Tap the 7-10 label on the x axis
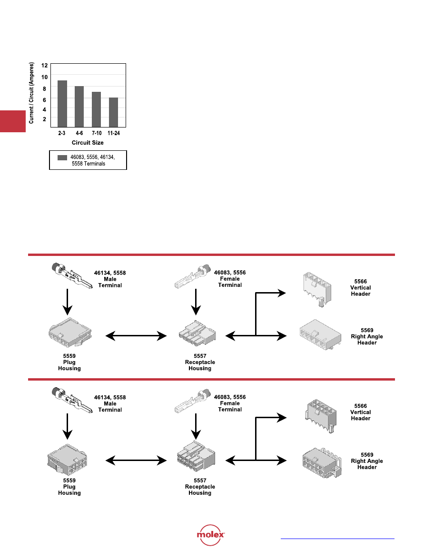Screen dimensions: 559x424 97,134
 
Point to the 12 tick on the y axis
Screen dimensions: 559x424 44,65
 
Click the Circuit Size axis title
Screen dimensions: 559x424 88,143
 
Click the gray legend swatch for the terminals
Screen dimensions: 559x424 62,157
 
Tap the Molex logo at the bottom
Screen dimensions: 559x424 211,535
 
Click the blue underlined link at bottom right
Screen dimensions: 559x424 337,539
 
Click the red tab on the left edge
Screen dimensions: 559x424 12,122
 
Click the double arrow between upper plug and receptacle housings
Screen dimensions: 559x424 136,336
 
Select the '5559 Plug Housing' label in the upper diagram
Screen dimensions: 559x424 69,363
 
